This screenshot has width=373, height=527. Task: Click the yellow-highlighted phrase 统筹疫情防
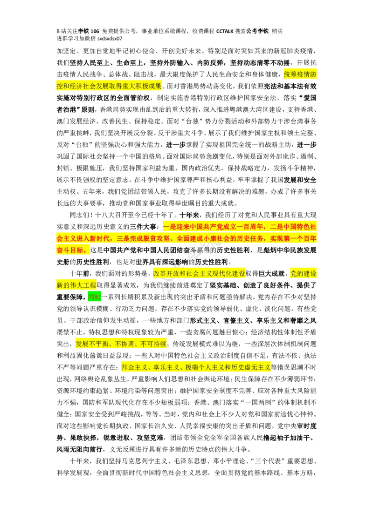(x=300, y=74)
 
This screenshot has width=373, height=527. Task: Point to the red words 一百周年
(x=249, y=227)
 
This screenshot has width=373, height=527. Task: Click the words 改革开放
(x=166, y=274)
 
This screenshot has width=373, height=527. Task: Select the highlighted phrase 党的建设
(x=303, y=274)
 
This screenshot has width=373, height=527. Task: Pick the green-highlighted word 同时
(x=94, y=297)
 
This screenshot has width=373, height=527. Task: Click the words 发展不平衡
(x=91, y=345)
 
